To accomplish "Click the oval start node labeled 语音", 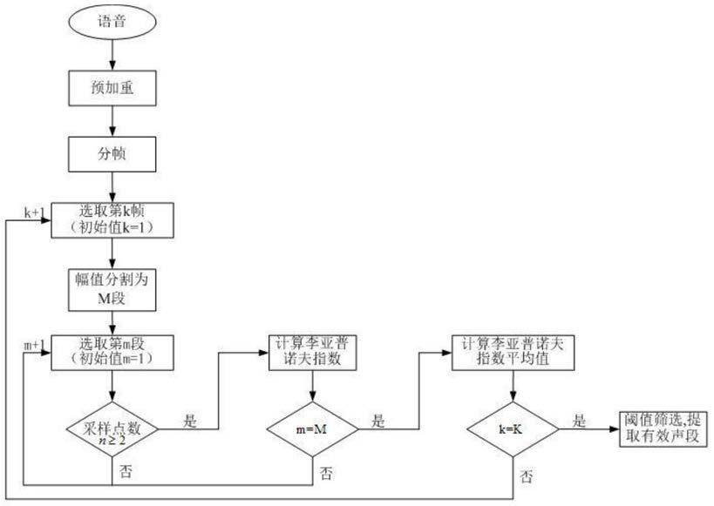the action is [x=112, y=22].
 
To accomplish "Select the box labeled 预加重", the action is [x=112, y=88].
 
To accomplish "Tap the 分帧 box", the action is [x=112, y=154].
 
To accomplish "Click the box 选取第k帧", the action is [x=112, y=220].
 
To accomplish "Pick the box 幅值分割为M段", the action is [x=112, y=290].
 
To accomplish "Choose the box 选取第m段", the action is [x=112, y=353].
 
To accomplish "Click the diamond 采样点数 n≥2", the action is [x=112, y=429].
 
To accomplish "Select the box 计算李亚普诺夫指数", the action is [x=312, y=353].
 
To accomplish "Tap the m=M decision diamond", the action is [x=312, y=429].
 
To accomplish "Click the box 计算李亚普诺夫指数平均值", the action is [x=513, y=353].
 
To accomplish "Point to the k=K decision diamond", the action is [x=513, y=429].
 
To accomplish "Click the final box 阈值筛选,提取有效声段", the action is [x=663, y=429].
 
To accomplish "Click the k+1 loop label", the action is [x=35, y=212].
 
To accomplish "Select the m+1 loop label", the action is [x=35, y=346].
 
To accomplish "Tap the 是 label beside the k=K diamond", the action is [x=579, y=421].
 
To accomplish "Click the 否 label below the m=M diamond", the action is [x=326, y=474].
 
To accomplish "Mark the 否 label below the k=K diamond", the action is [x=527, y=476].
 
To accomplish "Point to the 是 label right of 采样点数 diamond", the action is [x=190, y=421].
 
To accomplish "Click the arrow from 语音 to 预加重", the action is [x=112, y=55].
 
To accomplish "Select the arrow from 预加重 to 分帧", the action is [x=112, y=122].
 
